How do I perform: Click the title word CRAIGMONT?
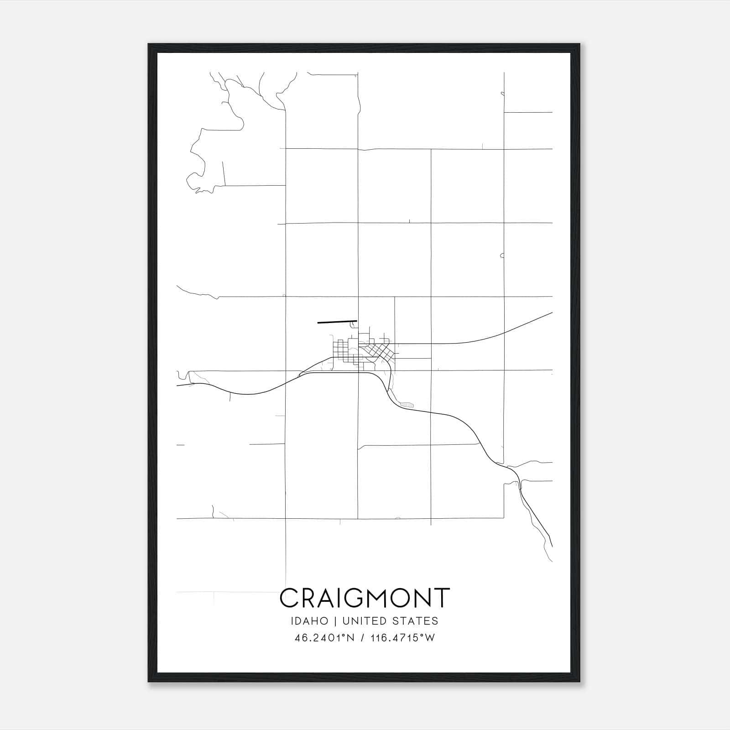pyautogui.click(x=365, y=598)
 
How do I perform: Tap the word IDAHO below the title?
pyautogui.click(x=309, y=621)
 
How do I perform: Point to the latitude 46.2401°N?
pyautogui.click(x=324, y=638)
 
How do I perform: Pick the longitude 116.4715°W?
pyautogui.click(x=401, y=638)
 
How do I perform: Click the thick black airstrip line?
pyautogui.click(x=337, y=322)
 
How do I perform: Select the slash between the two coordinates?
pyautogui.click(x=362, y=638)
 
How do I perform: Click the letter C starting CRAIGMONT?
pyautogui.click(x=289, y=598)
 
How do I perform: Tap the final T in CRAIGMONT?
pyautogui.click(x=442, y=598)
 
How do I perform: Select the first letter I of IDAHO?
pyautogui.click(x=291, y=621)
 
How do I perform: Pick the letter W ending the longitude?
pyautogui.click(x=430, y=638)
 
